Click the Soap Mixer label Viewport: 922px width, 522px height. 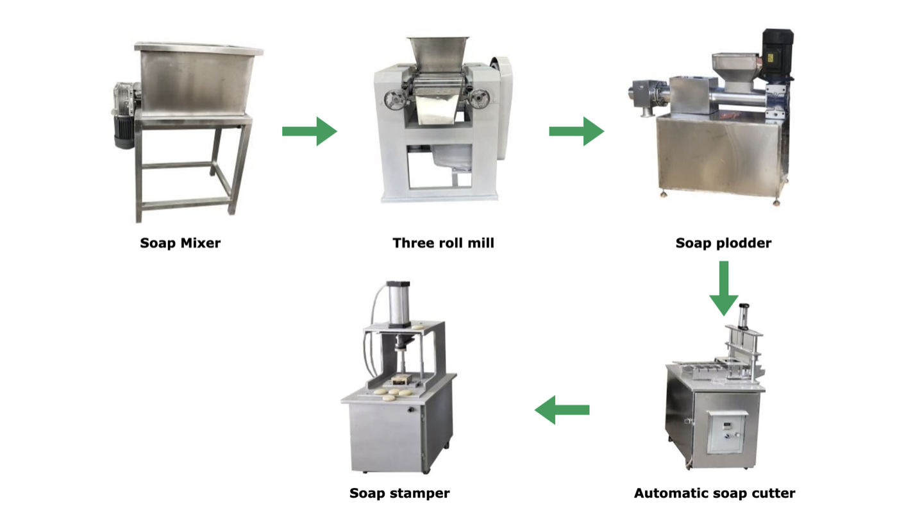(180, 243)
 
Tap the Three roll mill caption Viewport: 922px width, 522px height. (443, 243)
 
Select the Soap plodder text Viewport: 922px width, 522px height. (723, 243)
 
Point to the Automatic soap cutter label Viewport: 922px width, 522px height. (714, 493)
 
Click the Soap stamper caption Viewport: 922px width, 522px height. (399, 493)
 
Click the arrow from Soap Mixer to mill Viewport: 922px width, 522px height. (309, 131)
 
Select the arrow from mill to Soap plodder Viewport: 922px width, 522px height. (576, 131)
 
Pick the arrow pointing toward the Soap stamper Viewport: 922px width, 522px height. (562, 410)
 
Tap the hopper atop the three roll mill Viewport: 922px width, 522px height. (436, 55)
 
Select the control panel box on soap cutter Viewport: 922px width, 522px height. (726, 430)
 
